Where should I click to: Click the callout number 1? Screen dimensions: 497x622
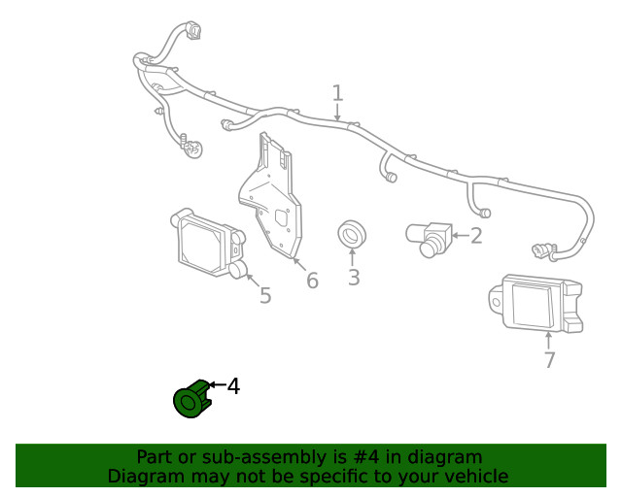tap(337, 93)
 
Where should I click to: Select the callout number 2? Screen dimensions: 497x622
tap(475, 236)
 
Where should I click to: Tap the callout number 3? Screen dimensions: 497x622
tap(354, 278)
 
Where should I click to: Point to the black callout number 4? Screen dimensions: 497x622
tap(233, 386)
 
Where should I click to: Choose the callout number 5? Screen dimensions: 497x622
tap(265, 295)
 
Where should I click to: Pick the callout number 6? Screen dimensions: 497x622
tap(312, 281)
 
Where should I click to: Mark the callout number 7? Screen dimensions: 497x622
tap(549, 360)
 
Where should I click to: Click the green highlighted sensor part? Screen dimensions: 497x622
tap(190, 399)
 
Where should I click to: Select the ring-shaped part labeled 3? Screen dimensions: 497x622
tap(353, 234)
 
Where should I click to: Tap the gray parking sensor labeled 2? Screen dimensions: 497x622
tap(429, 238)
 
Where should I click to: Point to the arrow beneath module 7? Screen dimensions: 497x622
tap(549, 339)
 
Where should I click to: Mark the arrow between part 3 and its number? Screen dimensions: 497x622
tap(353, 256)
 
